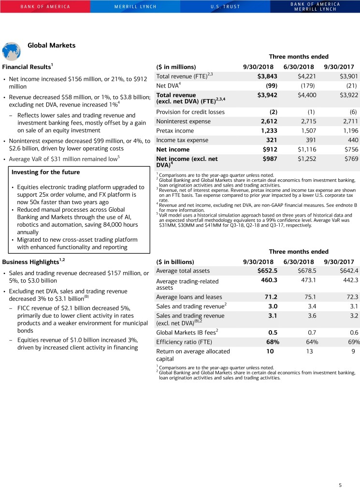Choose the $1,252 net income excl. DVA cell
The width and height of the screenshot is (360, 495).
pos(303,159)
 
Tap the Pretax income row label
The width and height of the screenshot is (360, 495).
pos(174,131)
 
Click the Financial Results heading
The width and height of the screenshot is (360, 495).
pos(27,66)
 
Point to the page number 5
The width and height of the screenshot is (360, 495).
pos(340,485)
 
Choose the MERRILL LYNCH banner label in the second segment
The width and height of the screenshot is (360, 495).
pos(134,7)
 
